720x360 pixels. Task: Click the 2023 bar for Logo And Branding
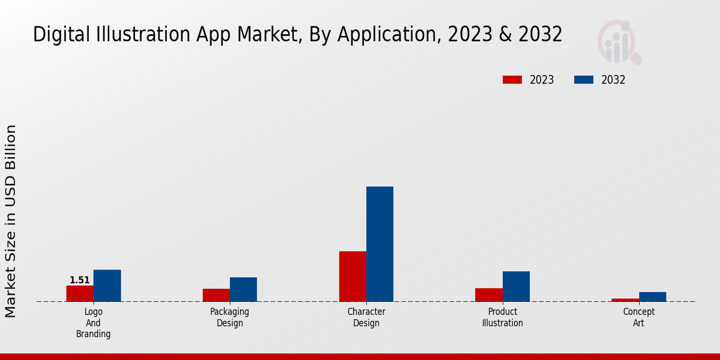click(x=80, y=293)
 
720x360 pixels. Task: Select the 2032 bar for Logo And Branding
click(x=107, y=286)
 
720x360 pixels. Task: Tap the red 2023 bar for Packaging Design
click(x=216, y=295)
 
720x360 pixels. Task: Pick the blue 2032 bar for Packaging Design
click(x=243, y=289)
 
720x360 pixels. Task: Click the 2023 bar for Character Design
click(x=353, y=276)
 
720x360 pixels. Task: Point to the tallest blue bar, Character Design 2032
click(x=380, y=244)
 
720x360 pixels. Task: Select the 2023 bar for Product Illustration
click(x=488, y=295)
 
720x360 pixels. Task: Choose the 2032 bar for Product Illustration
click(x=516, y=286)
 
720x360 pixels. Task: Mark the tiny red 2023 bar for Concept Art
click(x=625, y=299)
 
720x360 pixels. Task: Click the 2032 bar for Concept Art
click(x=652, y=296)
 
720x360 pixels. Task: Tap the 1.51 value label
click(x=80, y=280)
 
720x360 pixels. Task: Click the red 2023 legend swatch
click(x=512, y=80)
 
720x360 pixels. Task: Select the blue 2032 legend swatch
click(x=584, y=80)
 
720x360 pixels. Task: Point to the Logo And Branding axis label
click(x=93, y=323)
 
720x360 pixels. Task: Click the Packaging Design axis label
click(x=230, y=317)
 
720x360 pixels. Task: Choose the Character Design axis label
click(x=366, y=317)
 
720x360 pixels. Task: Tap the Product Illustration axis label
click(x=503, y=317)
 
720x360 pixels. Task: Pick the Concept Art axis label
click(x=639, y=317)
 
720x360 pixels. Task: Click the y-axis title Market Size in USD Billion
click(x=11, y=221)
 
